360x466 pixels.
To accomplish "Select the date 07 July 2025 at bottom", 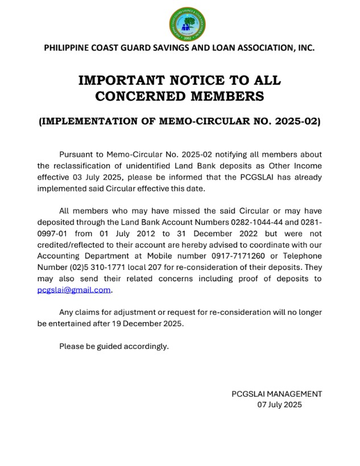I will pyautogui.click(x=279, y=405).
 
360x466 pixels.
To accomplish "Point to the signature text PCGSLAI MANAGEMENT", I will pyautogui.click(x=276, y=393).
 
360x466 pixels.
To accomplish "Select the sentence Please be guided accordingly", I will pyautogui.click(x=114, y=346).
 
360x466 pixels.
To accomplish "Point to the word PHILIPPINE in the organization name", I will pyautogui.click(x=67, y=48).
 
